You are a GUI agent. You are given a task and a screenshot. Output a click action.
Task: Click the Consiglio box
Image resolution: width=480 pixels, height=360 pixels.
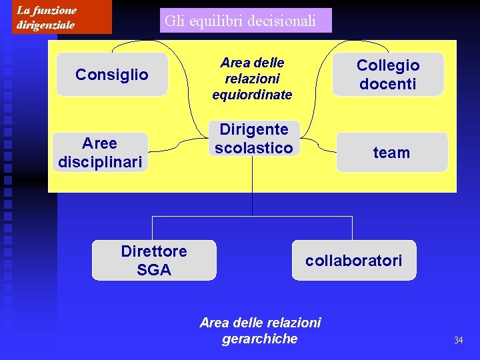[112, 74]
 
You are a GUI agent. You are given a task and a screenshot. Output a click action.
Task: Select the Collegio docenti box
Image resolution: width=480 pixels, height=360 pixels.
[388, 74]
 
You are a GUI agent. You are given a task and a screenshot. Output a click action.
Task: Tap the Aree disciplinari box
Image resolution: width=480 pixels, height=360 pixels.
[100, 153]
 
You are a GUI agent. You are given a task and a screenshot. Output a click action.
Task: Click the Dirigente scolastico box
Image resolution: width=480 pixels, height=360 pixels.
[253, 139]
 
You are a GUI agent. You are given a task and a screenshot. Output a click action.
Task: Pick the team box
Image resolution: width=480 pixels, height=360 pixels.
[391, 153]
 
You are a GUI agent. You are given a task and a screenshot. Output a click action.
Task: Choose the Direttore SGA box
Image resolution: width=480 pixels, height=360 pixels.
[154, 260]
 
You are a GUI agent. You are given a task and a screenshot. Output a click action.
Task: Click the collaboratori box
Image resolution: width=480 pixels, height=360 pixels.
[353, 260]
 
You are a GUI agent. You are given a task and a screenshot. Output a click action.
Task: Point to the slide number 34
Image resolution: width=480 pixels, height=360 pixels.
[458, 341]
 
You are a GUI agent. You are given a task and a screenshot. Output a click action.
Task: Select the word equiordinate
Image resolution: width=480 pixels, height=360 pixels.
[252, 95]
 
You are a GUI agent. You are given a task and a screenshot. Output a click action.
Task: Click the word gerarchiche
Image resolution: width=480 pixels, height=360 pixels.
[260, 339]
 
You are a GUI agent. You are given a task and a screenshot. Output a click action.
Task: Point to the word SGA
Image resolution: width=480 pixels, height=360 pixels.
[154, 270]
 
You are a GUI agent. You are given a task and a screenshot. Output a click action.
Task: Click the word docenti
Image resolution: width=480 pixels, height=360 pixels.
[388, 84]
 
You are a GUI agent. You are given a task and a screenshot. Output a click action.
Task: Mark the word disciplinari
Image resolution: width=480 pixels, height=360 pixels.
[100, 162]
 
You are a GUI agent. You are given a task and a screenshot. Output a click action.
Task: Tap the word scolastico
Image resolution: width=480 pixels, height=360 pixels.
[253, 148]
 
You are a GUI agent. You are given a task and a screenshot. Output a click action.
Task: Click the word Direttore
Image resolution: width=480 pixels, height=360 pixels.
[154, 251]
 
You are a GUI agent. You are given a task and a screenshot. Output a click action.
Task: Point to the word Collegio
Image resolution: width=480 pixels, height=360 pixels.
[388, 65]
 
